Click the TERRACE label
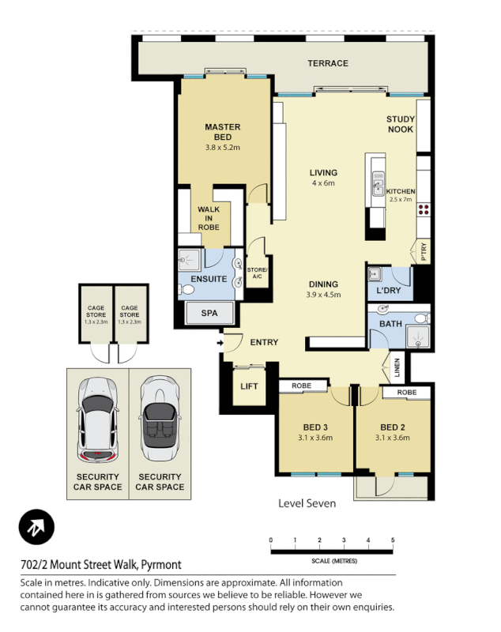[327, 63]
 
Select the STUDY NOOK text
[400, 125]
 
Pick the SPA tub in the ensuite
[209, 314]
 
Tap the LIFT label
[250, 386]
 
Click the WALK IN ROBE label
[209, 218]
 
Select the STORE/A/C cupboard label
[258, 273]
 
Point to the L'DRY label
[389, 292]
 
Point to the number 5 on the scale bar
[392, 540]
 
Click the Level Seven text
[307, 503]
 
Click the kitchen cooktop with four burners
[424, 210]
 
